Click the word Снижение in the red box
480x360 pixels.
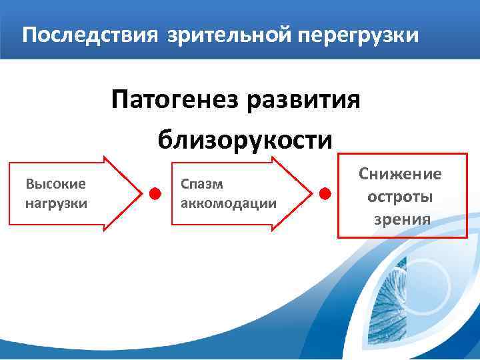(x=400, y=174)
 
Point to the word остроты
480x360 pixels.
(x=400, y=197)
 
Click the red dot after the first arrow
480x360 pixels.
(x=155, y=194)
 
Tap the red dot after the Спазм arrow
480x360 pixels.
(x=325, y=194)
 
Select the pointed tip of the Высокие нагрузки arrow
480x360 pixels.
(x=140, y=194)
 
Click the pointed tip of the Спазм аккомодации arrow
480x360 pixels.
(x=311, y=194)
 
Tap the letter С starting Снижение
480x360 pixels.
(x=364, y=174)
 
